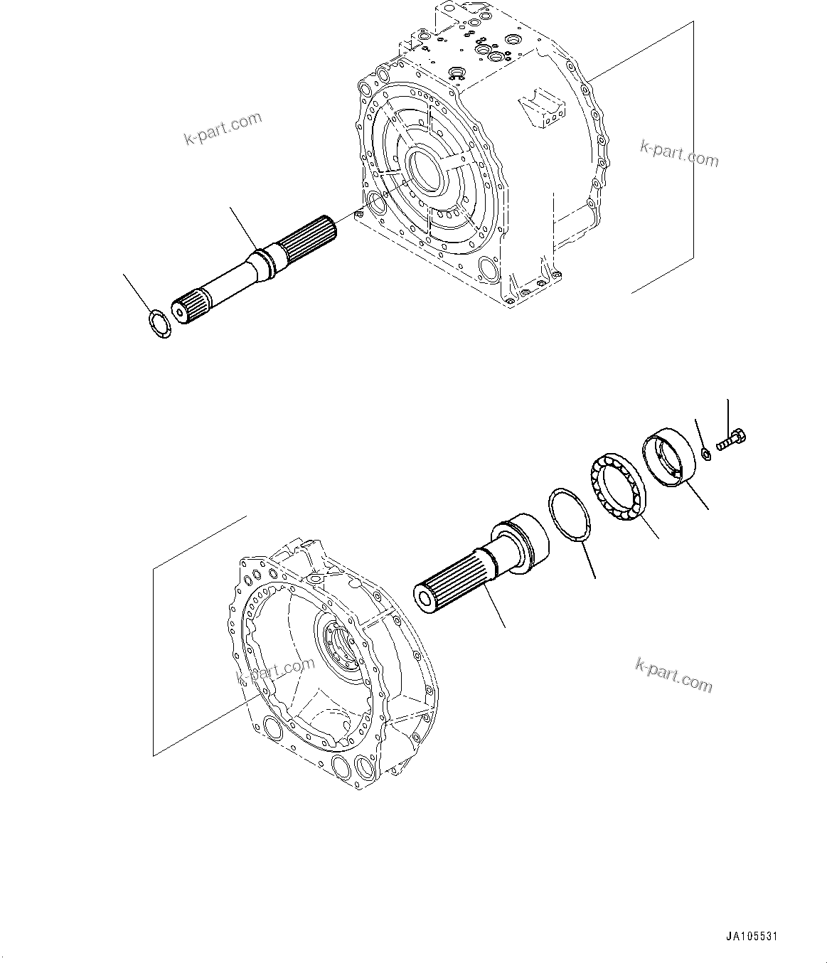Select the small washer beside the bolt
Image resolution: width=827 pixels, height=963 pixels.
point(705,452)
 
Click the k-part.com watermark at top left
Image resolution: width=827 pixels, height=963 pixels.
point(223,129)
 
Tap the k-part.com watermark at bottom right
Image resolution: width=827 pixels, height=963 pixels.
point(672,675)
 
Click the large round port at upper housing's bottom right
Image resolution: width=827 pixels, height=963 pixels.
point(490,270)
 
